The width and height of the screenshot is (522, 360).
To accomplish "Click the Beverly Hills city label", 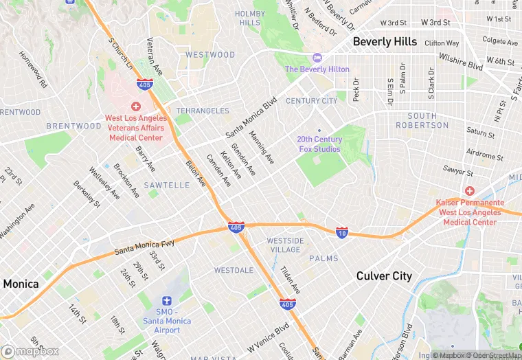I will click(x=385, y=42).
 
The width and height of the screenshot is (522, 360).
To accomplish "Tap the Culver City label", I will click(x=384, y=276).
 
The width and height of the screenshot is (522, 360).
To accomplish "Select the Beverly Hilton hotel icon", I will click(x=317, y=58).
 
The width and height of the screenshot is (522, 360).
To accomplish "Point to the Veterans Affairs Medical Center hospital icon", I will click(x=135, y=106).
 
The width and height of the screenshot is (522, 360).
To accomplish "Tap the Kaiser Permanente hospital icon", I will click(x=470, y=190).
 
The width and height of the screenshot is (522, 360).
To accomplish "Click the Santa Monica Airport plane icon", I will click(x=166, y=301).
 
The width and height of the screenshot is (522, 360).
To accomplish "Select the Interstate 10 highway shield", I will click(x=343, y=232).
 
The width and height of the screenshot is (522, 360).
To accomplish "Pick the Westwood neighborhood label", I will click(x=209, y=55).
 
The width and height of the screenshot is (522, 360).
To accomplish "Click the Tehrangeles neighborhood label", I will click(x=202, y=111).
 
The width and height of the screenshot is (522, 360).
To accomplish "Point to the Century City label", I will click(x=312, y=101).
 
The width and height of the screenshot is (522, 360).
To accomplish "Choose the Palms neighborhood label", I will click(x=324, y=258).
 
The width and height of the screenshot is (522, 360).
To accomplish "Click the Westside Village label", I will click(x=284, y=245).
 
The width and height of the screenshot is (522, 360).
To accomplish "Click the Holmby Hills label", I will click(x=250, y=18).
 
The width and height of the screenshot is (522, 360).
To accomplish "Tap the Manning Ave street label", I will click(x=262, y=147).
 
